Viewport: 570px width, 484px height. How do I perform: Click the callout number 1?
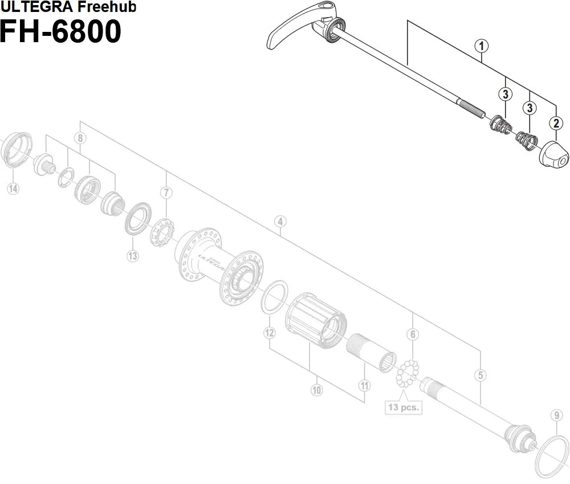click(482, 46)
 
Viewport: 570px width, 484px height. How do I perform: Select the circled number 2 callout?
click(555, 122)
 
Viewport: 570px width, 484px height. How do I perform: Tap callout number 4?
click(279, 222)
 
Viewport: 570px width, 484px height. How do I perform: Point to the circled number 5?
click(482, 375)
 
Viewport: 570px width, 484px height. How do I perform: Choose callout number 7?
click(166, 192)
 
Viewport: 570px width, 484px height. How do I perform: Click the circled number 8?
click(80, 138)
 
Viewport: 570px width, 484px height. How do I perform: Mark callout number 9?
click(556, 415)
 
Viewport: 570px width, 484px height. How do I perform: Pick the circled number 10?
click(317, 390)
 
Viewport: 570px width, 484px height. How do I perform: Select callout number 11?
click(364, 385)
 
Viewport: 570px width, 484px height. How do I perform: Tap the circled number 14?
click(13, 188)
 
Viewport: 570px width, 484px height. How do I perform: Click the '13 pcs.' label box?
click(404, 407)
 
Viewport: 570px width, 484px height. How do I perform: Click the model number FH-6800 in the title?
click(60, 31)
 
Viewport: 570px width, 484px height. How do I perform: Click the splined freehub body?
click(317, 322)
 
